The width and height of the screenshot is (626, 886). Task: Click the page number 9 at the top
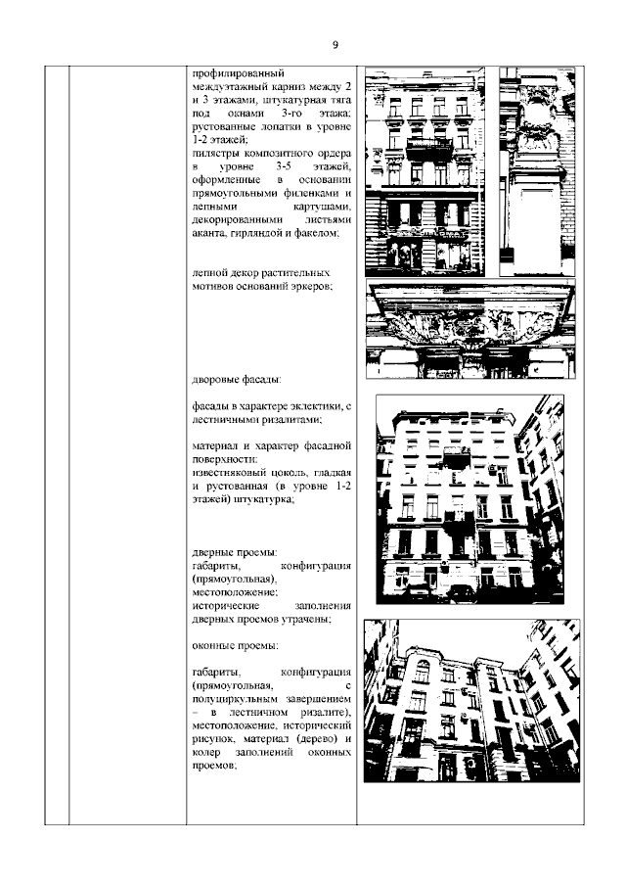pos(335,45)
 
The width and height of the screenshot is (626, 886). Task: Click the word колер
pos(209,754)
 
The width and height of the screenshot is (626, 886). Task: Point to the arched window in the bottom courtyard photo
pos(421,671)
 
